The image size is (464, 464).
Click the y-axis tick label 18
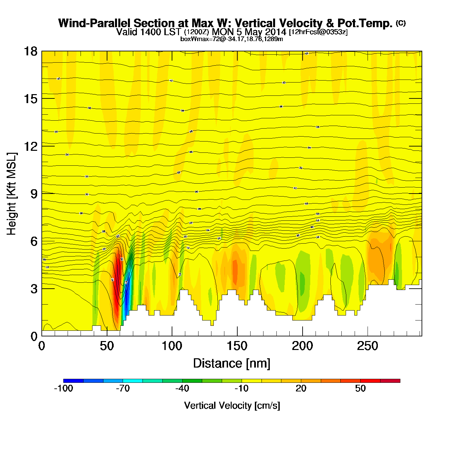(30, 51)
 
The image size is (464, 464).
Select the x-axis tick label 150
(237, 346)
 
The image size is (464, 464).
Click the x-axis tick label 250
(367, 346)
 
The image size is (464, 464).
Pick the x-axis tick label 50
(107, 346)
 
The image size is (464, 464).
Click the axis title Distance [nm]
(232, 364)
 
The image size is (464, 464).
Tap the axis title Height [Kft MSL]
(12, 194)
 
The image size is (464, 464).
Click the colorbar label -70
(123, 388)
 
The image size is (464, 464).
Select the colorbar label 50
(360, 388)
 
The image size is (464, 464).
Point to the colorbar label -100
(63, 388)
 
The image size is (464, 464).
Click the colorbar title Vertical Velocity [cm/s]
(232, 405)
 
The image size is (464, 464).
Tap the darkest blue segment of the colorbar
(73, 381)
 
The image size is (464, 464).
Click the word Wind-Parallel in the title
(95, 23)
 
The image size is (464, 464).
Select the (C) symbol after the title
(400, 23)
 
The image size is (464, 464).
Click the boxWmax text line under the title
(231, 39)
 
